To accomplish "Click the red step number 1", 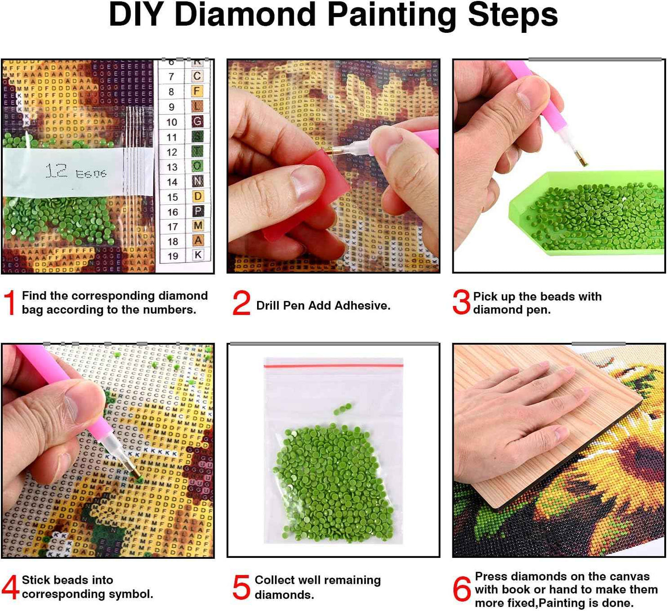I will (9, 303).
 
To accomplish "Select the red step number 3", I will (461, 302).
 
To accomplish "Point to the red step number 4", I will (10, 587).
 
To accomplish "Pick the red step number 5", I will (241, 587).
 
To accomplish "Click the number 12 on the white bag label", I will (57, 171).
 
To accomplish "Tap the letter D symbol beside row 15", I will (198, 196).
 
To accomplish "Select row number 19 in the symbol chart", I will (173, 256).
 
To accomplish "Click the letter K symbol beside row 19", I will (198, 255).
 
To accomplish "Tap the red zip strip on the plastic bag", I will (333, 366).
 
